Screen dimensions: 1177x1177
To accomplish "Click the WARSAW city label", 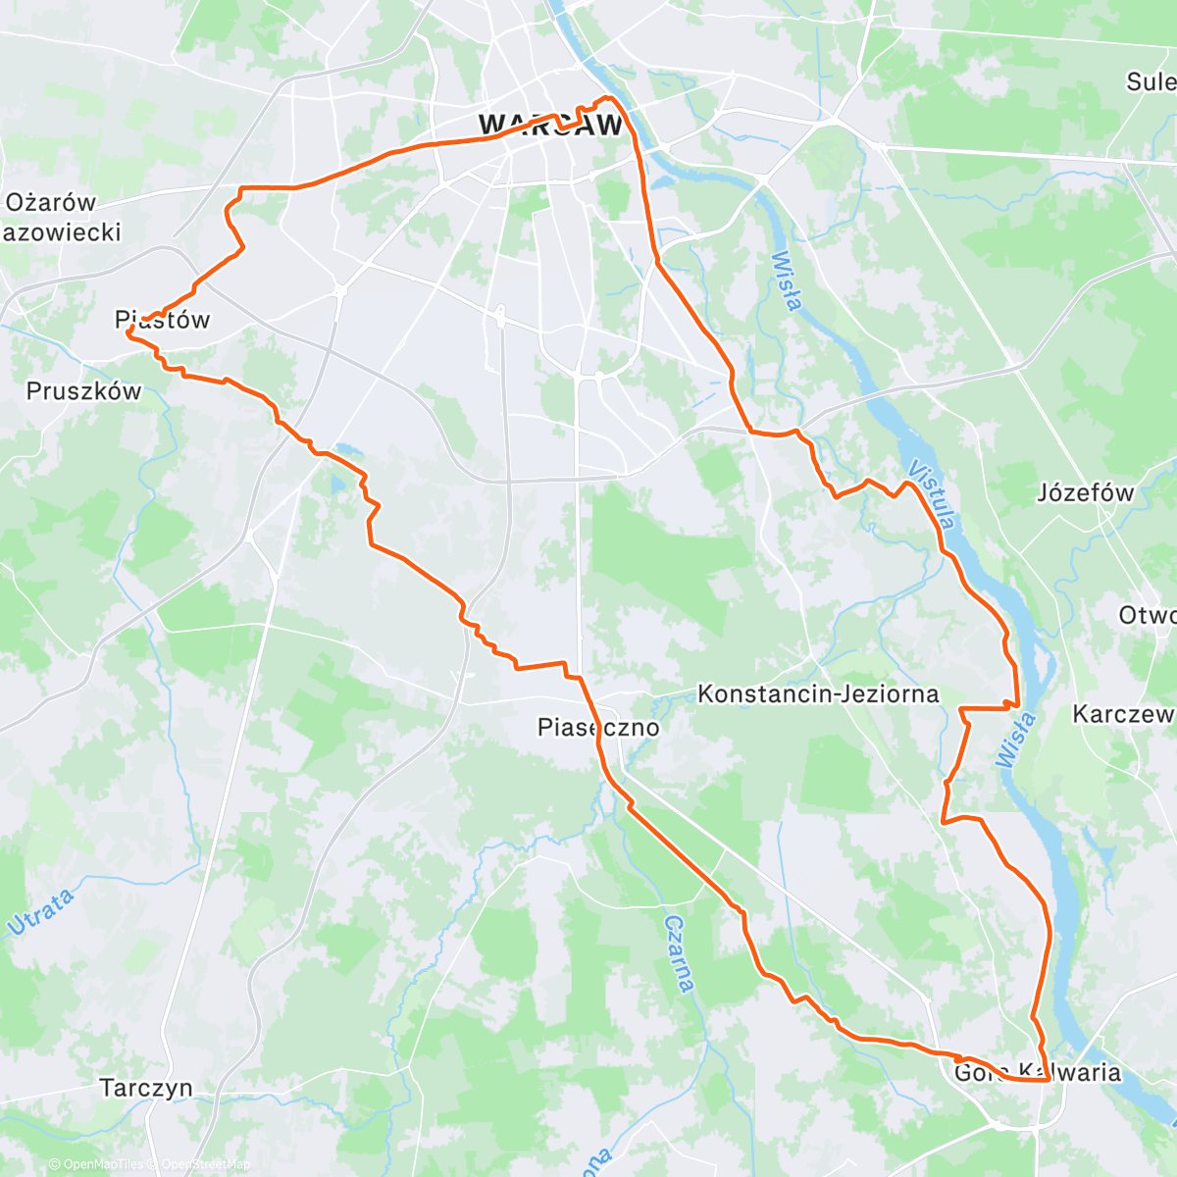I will (550, 126).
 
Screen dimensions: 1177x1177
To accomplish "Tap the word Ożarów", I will (51, 203).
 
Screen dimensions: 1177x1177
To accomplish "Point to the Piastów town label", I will (163, 320).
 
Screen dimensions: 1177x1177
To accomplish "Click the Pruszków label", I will (83, 391).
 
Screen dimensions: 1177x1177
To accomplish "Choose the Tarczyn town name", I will (146, 1089).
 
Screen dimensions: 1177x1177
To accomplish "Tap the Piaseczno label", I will (598, 728).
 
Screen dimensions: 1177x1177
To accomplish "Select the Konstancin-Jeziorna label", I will (818, 694).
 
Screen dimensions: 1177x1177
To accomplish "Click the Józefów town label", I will (1085, 493).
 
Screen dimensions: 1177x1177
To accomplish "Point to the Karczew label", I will (1122, 714).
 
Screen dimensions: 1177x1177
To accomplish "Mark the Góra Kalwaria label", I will (1037, 1072).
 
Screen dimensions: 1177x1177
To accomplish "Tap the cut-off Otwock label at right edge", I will (1147, 616).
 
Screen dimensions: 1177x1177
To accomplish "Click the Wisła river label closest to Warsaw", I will (787, 281).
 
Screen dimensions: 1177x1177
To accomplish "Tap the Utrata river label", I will (41, 912).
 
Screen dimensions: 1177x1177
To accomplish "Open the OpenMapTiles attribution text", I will (95, 1164).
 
